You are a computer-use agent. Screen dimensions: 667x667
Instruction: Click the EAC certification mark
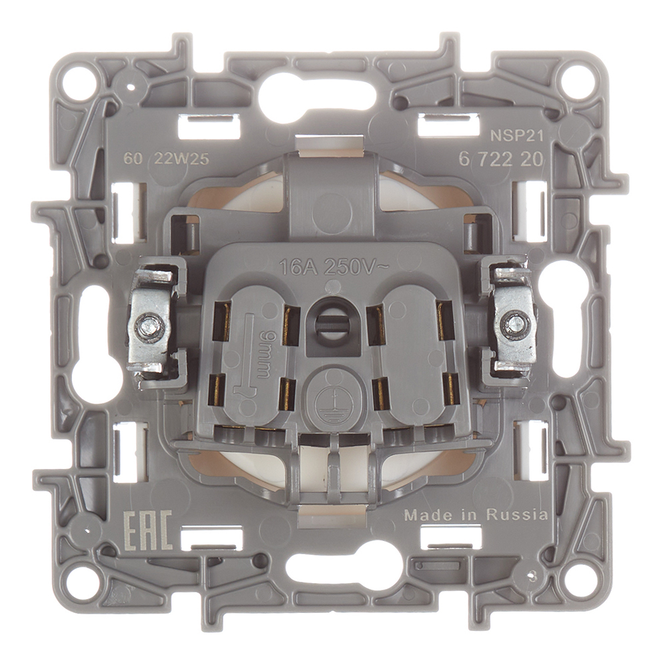147,530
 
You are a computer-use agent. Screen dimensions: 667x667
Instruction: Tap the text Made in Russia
476,515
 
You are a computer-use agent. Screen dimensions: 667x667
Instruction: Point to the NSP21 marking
518,136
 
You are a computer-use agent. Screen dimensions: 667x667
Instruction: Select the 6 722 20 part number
500,159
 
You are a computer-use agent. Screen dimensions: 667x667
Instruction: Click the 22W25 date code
182,159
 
